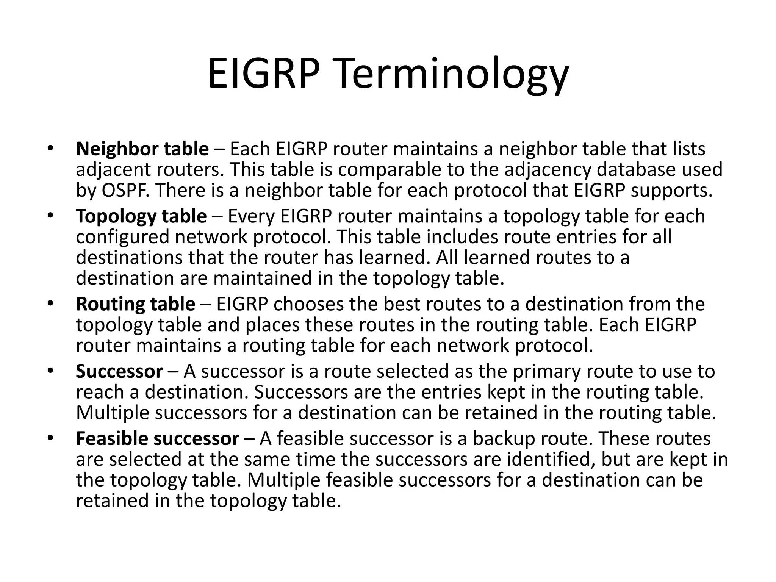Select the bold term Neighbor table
click(142, 149)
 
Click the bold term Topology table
click(141, 216)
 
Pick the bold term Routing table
click(135, 304)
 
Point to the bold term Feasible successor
click(157, 439)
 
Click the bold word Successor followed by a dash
click(119, 371)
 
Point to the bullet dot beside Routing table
click(51, 304)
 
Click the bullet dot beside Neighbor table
click(51, 149)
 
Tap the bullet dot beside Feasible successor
click(51, 438)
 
